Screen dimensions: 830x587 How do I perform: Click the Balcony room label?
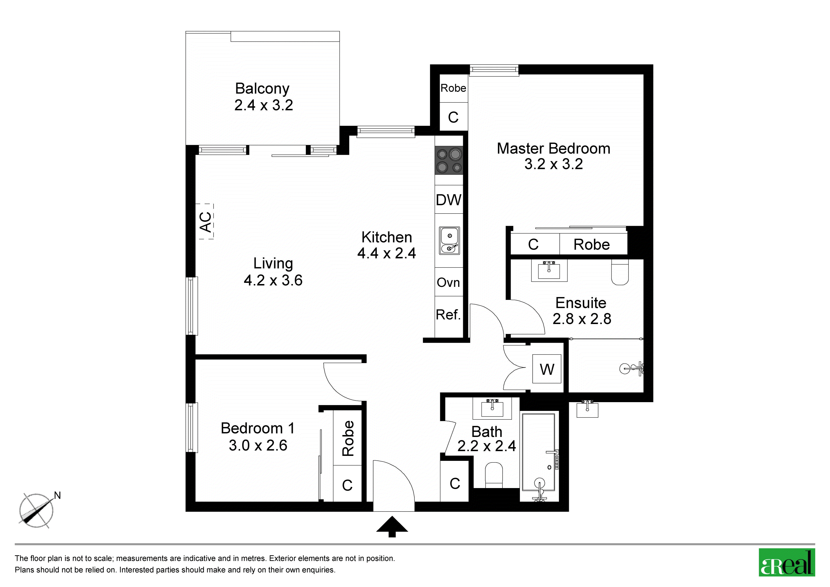click(262, 89)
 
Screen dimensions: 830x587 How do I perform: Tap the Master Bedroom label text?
click(553, 149)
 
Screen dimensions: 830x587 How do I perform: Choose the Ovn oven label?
click(448, 282)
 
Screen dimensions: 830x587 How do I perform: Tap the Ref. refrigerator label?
click(448, 315)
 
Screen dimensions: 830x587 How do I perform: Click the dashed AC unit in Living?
click(206, 221)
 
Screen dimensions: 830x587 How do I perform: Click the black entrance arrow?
click(392, 527)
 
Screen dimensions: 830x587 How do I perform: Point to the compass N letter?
click(57, 495)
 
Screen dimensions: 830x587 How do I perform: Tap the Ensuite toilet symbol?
click(620, 272)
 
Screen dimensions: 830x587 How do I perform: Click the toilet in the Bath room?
click(494, 475)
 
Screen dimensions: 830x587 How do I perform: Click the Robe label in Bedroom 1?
click(348, 438)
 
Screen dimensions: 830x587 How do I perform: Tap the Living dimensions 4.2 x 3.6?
click(273, 280)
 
